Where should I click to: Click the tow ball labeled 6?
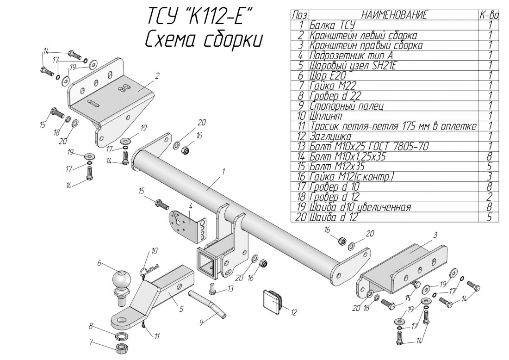pyautogui.click(x=121, y=280)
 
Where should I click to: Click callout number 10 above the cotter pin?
pyautogui.click(x=154, y=250)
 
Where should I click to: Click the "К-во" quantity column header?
pyautogui.click(x=490, y=15)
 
